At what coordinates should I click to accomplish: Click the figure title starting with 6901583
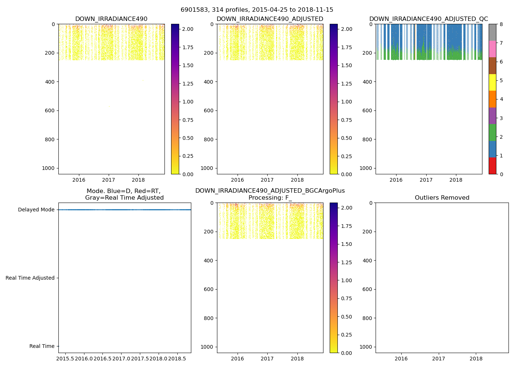tap(257, 10)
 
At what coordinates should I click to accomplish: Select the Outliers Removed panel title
tap(442, 198)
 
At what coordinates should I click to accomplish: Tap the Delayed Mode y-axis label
tap(36, 210)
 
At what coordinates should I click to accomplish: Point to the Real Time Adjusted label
tap(30, 278)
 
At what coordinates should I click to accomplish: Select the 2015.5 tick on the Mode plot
tap(65, 358)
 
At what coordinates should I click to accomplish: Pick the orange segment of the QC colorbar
tap(492, 99)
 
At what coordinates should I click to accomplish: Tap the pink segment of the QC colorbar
tap(492, 49)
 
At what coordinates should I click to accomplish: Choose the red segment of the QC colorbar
tap(492, 166)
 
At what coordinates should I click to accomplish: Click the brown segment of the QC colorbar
tap(492, 66)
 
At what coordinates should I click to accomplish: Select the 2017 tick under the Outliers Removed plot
tap(438, 359)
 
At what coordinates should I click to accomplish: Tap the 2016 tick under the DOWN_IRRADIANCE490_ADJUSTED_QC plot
tap(396, 180)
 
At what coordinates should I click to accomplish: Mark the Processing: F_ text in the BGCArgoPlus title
tap(270, 198)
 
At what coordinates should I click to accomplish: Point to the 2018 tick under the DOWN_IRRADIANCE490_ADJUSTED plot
tap(297, 180)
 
